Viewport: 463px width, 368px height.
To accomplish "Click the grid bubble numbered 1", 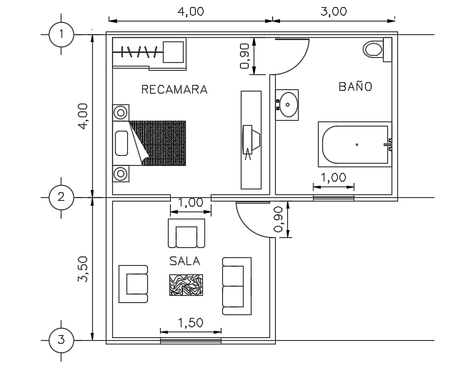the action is (61, 34).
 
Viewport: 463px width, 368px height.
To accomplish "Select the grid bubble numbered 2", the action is (61, 197).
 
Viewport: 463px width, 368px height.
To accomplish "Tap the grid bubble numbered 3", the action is (61, 340).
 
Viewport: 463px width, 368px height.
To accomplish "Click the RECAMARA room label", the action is (174, 90).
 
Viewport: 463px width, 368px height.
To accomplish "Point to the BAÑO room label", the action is (355, 86).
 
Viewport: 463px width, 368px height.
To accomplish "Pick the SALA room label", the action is (184, 261).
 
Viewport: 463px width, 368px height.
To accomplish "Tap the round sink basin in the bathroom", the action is (289, 104).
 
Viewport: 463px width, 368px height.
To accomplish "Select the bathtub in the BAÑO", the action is (354, 145).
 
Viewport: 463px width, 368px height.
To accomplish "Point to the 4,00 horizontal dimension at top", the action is (189, 11).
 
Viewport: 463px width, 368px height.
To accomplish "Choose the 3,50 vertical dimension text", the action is (83, 268).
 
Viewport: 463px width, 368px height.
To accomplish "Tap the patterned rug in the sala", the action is (186, 284).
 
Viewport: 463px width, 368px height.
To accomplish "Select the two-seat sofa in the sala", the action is (236, 285).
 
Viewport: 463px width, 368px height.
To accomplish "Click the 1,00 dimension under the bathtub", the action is (333, 177).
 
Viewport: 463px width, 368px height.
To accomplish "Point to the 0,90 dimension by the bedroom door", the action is (245, 56).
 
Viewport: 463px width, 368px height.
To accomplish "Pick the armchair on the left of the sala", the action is (134, 283).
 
